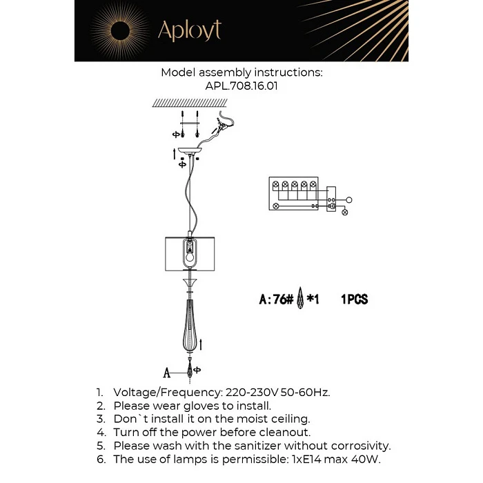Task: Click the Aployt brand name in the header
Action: point(189,31)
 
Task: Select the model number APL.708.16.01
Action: point(241,87)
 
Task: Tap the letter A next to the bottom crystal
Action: point(166,373)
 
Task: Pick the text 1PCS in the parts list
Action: point(354,300)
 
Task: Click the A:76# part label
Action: point(277,300)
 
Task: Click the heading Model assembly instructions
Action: point(241,72)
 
